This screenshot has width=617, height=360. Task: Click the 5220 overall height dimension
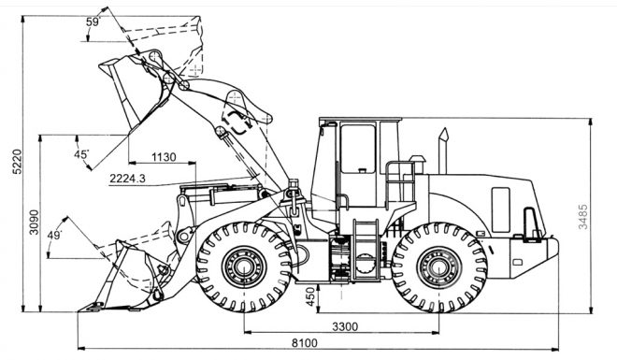tap(16, 162)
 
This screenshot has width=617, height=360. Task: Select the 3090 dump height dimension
tap(35, 222)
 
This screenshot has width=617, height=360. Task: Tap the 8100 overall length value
tap(304, 343)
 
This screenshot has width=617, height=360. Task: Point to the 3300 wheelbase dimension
tap(345, 326)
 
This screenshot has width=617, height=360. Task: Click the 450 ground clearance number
tap(310, 296)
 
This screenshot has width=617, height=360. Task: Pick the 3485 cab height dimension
tap(582, 216)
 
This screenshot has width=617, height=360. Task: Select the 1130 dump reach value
tap(164, 157)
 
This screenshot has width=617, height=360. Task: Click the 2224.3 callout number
tap(127, 179)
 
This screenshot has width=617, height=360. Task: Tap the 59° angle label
tap(93, 22)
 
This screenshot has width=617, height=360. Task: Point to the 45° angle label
tap(81, 154)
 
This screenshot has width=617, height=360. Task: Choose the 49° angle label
tap(55, 236)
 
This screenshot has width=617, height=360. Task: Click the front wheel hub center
tap(244, 267)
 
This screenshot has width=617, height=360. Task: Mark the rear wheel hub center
tap(438, 267)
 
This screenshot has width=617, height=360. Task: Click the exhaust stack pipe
tap(443, 151)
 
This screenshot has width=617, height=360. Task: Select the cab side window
tap(358, 149)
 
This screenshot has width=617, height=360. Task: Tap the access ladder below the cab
tap(366, 251)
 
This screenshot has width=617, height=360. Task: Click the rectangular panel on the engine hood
tap(500, 209)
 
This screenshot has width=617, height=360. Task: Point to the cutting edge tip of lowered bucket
tap(79, 310)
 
